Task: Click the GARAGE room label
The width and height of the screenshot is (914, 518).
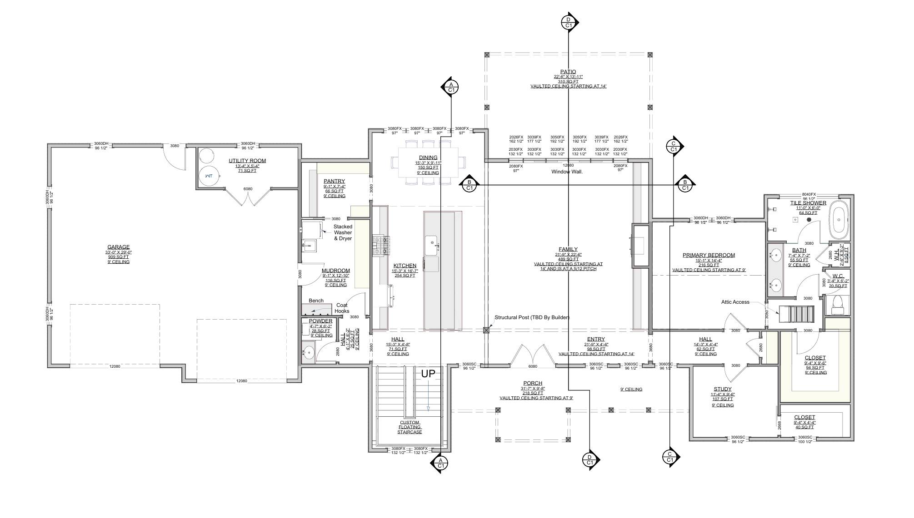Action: [x=118, y=247]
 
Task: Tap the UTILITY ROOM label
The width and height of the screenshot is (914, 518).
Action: [x=247, y=161]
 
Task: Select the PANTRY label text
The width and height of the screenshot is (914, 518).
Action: [x=334, y=181]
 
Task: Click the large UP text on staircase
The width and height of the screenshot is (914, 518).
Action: [x=428, y=374]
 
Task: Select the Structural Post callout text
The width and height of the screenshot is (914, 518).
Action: [x=532, y=318]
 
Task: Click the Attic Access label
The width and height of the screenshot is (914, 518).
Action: [x=735, y=302]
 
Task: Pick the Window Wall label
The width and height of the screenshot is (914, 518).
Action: [x=567, y=172]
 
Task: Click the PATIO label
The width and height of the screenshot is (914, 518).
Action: [x=568, y=72]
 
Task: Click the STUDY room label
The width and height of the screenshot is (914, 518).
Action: [x=722, y=389]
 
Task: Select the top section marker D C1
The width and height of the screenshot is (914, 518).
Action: [x=568, y=22]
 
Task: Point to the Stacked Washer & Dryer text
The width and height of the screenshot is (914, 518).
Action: [x=343, y=232]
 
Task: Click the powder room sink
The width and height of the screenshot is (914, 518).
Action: [x=309, y=352]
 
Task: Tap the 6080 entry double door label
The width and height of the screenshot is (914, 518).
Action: [x=532, y=367]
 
